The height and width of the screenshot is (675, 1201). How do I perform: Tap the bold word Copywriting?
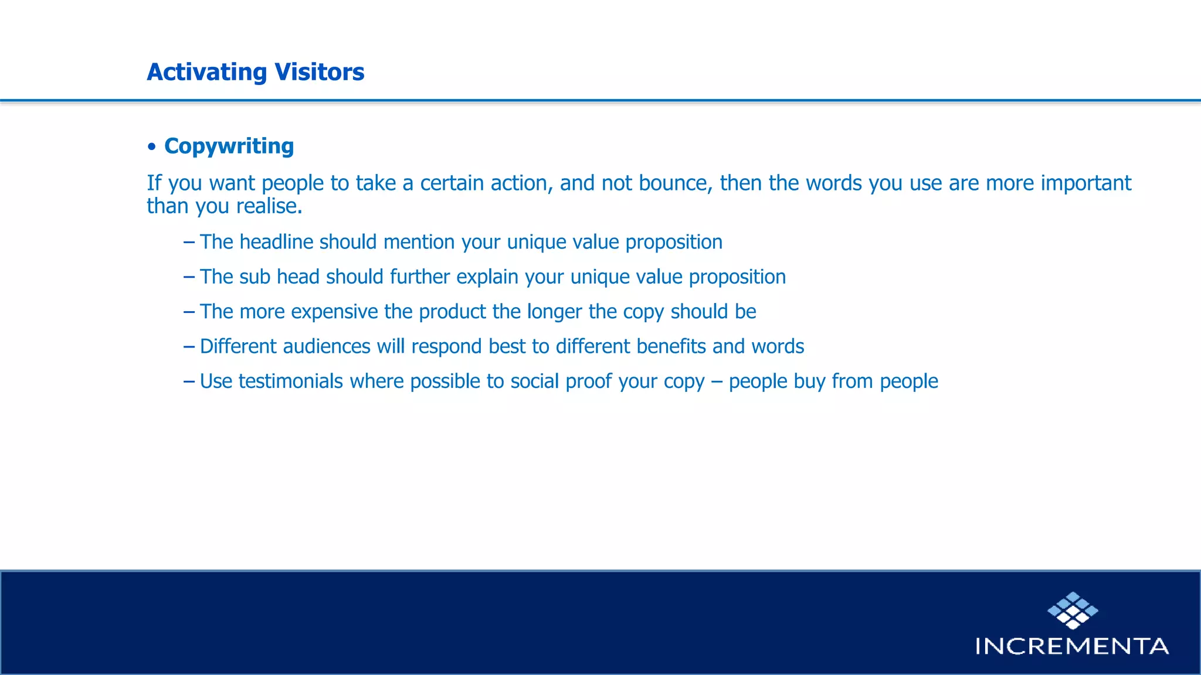[x=229, y=146]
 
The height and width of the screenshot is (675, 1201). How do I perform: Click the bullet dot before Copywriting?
[x=152, y=146]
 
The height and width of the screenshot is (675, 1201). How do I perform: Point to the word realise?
[x=269, y=206]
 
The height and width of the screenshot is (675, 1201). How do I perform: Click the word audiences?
[x=326, y=346]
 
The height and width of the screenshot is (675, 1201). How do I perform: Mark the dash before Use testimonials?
[x=189, y=381]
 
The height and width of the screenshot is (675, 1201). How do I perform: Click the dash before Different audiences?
[x=189, y=346]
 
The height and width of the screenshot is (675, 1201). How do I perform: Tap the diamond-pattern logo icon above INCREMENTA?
[x=1073, y=611]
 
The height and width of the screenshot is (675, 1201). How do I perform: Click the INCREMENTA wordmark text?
[x=1071, y=646]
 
